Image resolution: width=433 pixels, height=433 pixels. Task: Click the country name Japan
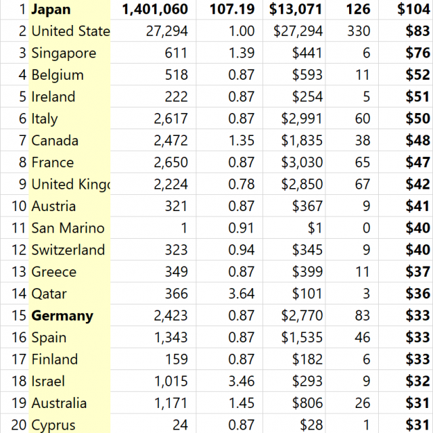(51, 9)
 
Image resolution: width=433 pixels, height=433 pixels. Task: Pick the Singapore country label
(64, 53)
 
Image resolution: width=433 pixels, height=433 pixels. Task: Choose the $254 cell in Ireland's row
(308, 97)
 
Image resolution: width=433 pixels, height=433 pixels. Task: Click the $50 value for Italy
(417, 119)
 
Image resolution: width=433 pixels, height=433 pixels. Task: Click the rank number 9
(22, 185)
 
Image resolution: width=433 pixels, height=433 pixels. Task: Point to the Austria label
(53, 206)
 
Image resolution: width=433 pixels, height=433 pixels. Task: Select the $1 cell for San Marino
(317, 228)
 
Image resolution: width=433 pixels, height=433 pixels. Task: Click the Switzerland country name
(68, 250)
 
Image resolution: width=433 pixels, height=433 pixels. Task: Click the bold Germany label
(62, 316)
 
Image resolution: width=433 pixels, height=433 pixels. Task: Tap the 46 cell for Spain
(363, 338)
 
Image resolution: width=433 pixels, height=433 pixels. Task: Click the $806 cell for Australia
(308, 403)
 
